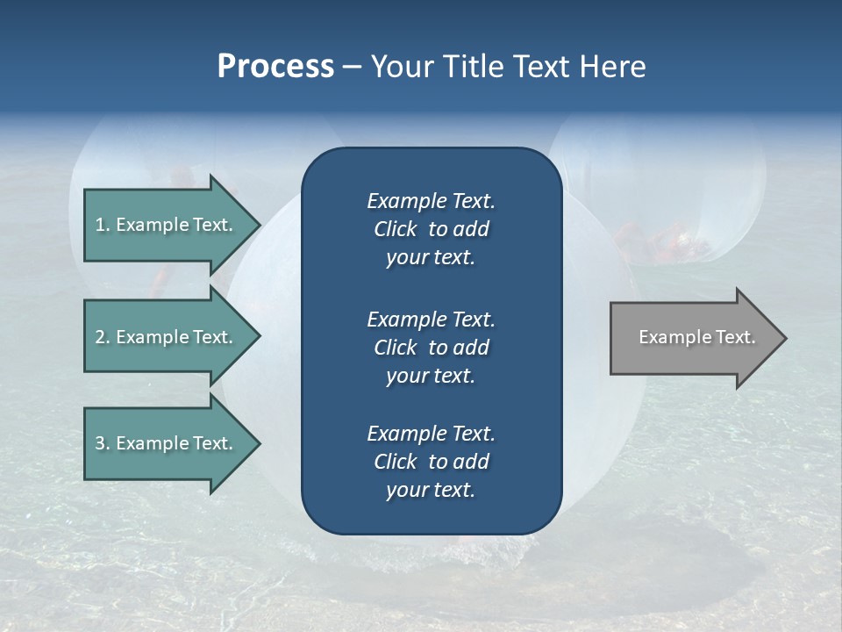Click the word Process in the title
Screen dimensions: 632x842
[275, 67]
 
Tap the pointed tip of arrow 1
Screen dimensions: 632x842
[258, 225]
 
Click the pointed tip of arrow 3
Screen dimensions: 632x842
[258, 443]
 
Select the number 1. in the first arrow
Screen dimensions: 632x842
[103, 225]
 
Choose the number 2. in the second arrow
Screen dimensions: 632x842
[103, 337]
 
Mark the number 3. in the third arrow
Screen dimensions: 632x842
[103, 443]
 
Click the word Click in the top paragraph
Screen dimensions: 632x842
[396, 229]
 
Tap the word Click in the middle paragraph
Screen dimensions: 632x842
[396, 348]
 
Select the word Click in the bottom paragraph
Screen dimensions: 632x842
[396, 462]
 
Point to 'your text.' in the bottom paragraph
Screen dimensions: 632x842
[431, 490]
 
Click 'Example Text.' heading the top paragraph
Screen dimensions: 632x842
[431, 201]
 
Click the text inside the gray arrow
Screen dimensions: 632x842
[697, 337]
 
